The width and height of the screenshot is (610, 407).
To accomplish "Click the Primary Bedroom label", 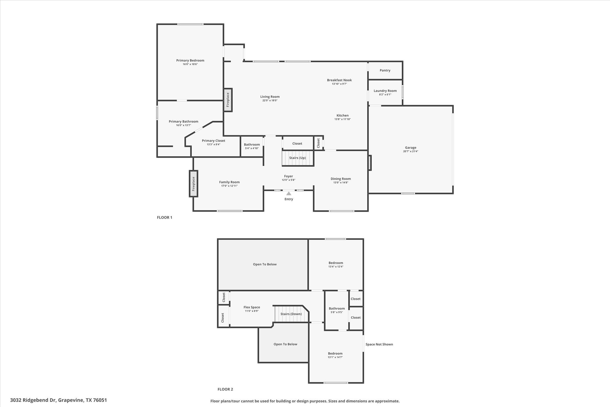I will click(190, 61).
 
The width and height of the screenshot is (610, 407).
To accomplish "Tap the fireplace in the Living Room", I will click(228, 100).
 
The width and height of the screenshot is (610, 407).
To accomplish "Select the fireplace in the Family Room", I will click(193, 184).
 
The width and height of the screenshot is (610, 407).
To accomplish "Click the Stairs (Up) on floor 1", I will click(298, 158).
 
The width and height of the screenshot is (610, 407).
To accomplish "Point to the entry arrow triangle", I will click(289, 194).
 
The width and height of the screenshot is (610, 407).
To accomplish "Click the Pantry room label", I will click(385, 70).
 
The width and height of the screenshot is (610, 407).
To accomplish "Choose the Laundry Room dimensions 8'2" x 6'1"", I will click(385, 95).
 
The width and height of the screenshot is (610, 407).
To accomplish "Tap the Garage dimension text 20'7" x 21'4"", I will click(410, 151).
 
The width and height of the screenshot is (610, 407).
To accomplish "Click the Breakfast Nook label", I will click(339, 80).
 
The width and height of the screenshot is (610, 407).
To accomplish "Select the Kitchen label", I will click(343, 115).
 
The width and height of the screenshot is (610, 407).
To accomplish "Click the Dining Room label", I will click(340, 179).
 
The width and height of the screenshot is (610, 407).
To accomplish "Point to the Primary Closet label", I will click(213, 141).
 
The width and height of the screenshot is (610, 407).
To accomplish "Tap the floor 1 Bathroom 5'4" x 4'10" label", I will click(252, 145).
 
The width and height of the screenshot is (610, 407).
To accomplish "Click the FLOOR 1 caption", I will click(164, 217).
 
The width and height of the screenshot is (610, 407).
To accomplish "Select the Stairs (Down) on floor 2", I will click(291, 314).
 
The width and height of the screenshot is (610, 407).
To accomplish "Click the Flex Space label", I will click(252, 307).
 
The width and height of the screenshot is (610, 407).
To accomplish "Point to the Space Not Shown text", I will click(379, 344).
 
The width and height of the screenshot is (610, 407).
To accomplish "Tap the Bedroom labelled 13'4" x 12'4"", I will click(336, 263).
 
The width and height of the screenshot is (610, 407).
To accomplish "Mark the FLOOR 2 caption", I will click(225, 389).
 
